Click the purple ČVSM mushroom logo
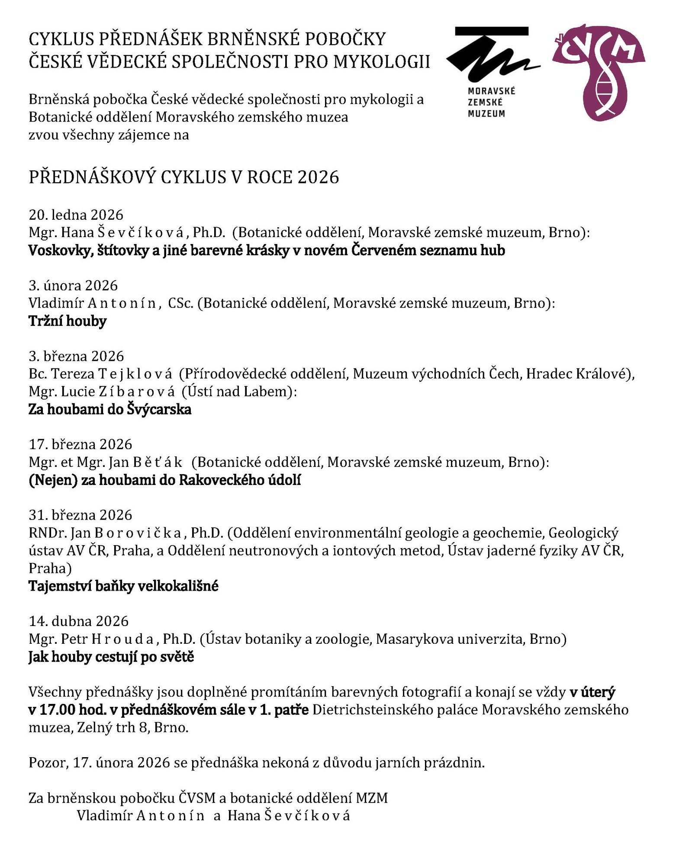coord(598,71)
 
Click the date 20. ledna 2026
coord(76,215)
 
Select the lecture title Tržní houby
coord(68,321)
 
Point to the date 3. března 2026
coord(76,356)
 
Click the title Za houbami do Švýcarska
coord(110,409)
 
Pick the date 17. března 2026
coord(80,444)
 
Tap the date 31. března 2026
coord(80,515)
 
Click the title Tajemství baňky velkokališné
coord(123,586)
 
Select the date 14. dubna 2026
coord(79,621)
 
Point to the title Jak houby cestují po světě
coord(111,657)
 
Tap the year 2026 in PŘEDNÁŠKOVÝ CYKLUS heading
coord(318,177)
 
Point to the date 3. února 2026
coord(73,286)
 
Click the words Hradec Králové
coord(577,374)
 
